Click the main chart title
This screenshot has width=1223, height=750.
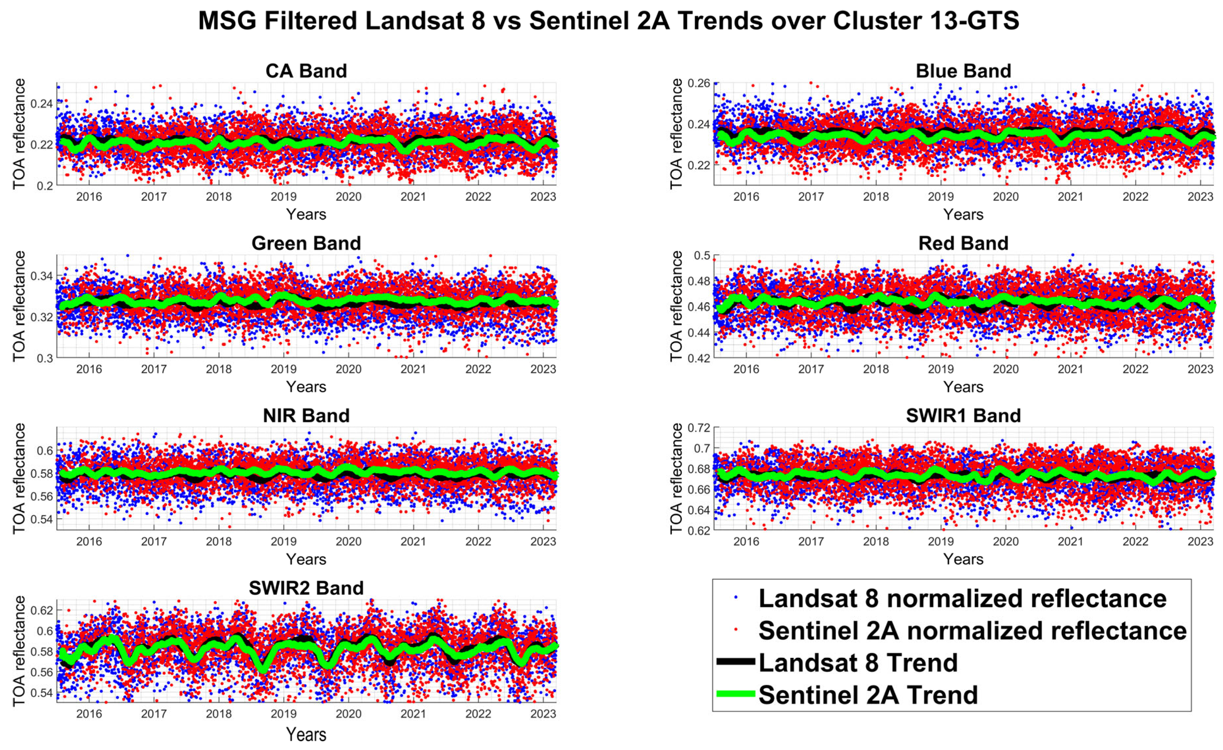tap(608, 21)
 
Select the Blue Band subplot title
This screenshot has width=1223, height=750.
tap(963, 71)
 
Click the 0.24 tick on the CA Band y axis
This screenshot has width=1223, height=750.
tap(42, 104)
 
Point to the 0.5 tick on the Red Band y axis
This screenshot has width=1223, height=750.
tap(702, 256)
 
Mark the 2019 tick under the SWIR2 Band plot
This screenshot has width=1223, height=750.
tap(283, 714)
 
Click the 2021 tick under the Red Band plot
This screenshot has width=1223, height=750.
tap(1070, 369)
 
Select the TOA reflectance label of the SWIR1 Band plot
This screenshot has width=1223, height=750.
tap(676, 478)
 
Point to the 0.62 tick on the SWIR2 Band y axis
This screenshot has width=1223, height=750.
tap(42, 610)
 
